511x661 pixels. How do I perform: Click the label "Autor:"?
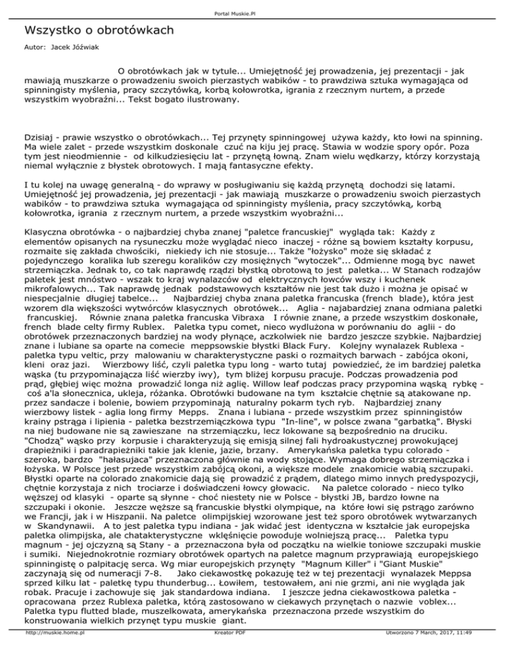pyautogui.click(x=33, y=49)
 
